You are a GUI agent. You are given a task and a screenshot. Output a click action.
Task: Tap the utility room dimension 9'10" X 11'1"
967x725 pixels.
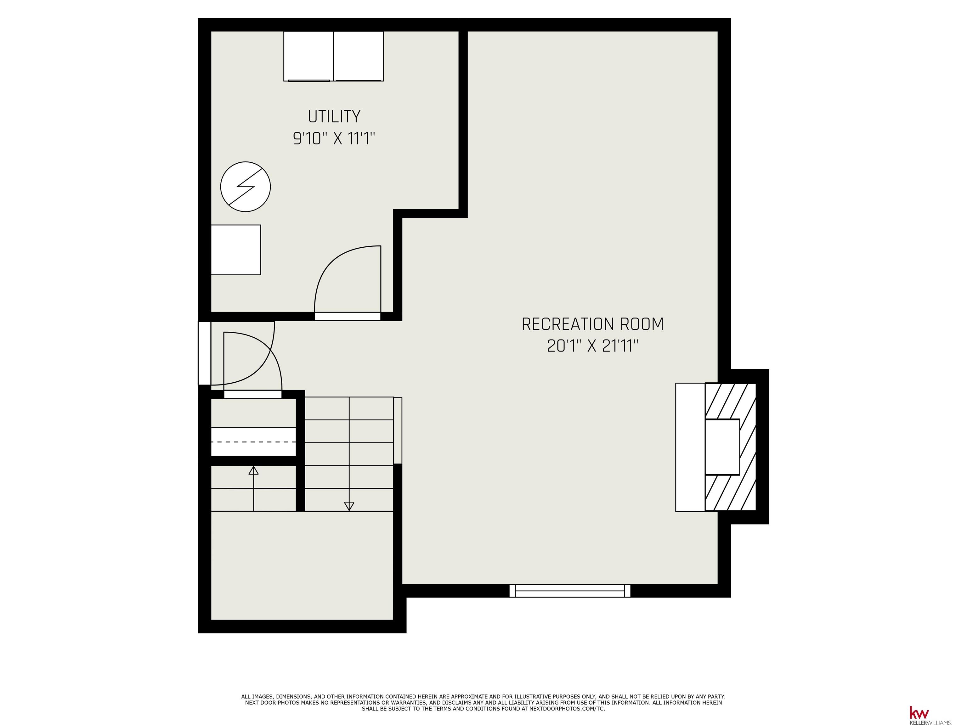(334, 139)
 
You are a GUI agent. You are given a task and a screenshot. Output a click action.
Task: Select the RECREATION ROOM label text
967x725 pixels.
(592, 324)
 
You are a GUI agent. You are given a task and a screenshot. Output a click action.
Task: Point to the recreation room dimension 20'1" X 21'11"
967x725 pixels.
(592, 346)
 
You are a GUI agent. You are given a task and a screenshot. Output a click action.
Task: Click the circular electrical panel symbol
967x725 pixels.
(246, 187)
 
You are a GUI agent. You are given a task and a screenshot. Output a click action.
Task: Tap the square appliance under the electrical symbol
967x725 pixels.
(236, 250)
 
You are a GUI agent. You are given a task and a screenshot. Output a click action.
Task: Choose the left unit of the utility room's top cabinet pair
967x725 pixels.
(308, 56)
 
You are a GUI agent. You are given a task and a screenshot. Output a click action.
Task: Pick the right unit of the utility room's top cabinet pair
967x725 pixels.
(359, 56)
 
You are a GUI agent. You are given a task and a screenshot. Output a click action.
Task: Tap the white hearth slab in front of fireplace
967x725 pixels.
(690, 447)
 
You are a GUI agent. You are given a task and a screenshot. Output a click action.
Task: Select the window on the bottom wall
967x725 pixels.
(570, 591)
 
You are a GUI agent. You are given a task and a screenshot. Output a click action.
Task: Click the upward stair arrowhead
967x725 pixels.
(253, 470)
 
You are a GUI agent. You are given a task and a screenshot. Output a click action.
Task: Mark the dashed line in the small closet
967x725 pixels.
(253, 442)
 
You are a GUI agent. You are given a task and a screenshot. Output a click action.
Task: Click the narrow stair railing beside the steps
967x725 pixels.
(398, 430)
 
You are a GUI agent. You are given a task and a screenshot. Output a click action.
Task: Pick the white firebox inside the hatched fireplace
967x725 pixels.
(722, 447)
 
